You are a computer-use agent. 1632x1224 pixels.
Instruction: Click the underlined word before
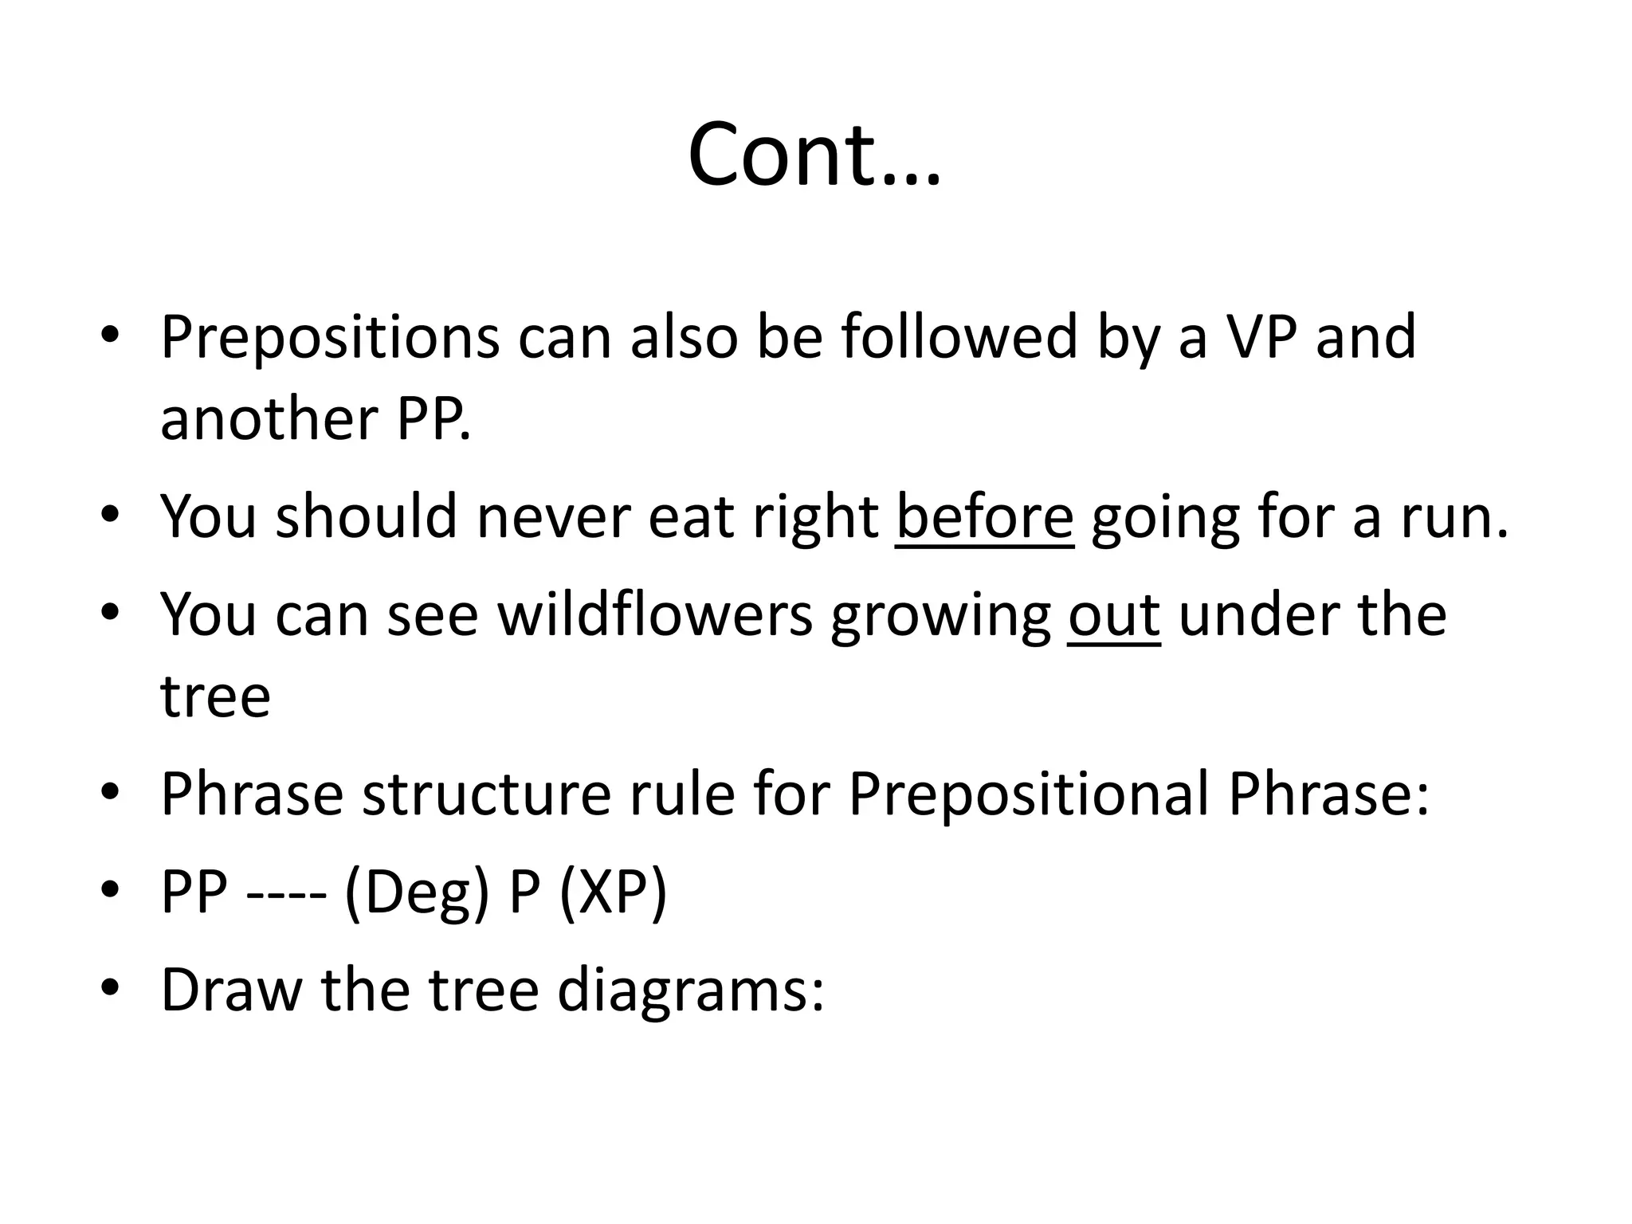tap(985, 516)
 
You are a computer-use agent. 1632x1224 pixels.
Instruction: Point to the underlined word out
tap(1114, 614)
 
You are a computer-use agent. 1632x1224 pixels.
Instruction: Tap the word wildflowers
tap(655, 614)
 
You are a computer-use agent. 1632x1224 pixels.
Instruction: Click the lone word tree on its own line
tap(215, 696)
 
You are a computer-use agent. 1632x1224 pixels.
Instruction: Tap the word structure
tap(487, 794)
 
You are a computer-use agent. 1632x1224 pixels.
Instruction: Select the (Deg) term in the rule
tap(417, 892)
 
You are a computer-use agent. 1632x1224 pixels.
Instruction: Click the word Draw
tap(232, 990)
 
